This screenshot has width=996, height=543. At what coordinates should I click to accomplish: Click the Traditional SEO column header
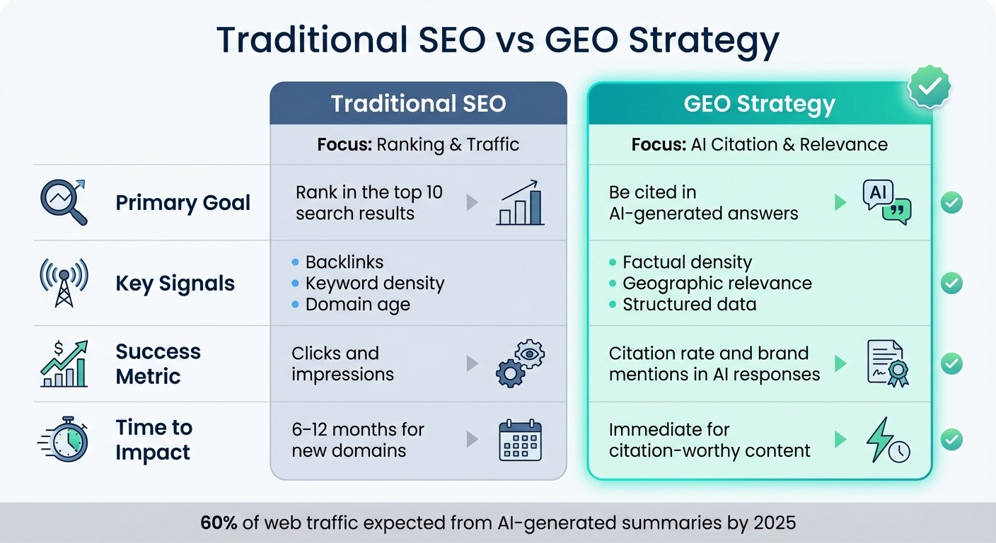[418, 104]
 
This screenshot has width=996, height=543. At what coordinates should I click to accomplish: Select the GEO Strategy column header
[759, 105]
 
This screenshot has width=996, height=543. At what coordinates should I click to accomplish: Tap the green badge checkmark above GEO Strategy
[929, 86]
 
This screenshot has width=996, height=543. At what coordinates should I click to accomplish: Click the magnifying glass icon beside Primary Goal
[63, 202]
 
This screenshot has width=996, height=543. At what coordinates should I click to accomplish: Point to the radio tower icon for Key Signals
[64, 283]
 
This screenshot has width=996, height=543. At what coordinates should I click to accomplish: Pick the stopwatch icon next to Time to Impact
[65, 440]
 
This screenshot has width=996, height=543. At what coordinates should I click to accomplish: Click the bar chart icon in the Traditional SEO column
[521, 203]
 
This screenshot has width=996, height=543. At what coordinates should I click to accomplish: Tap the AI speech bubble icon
[886, 202]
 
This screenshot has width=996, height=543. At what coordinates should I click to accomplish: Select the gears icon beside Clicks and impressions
[521, 363]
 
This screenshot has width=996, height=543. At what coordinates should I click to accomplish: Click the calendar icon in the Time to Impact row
[520, 440]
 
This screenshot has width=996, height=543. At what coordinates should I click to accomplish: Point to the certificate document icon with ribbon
[887, 363]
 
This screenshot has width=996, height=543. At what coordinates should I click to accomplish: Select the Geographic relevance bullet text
[717, 284]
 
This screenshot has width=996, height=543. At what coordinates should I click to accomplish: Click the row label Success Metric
[158, 363]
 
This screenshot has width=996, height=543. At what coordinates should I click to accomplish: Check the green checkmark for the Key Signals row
[951, 284]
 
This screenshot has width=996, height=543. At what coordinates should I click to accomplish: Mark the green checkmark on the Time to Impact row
[951, 440]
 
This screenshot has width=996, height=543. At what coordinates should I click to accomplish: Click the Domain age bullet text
[357, 305]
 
